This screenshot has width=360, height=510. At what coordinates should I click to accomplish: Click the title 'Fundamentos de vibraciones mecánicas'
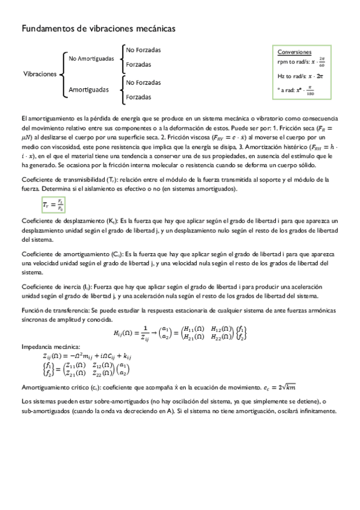pyautogui.click(x=99, y=28)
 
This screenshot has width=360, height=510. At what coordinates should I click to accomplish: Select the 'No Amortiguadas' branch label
pyautogui.click(x=91, y=58)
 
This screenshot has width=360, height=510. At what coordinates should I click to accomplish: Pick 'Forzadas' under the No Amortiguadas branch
pyautogui.click(x=138, y=64)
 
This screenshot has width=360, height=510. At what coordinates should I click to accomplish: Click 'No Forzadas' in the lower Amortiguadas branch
pyautogui.click(x=143, y=82)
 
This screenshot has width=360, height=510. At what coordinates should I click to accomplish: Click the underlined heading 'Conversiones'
pyautogui.click(x=294, y=52)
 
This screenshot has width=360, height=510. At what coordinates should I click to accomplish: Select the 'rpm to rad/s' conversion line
pyautogui.click(x=301, y=61)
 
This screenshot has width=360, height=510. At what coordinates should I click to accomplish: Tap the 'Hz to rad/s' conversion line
pyautogui.click(x=301, y=76)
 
